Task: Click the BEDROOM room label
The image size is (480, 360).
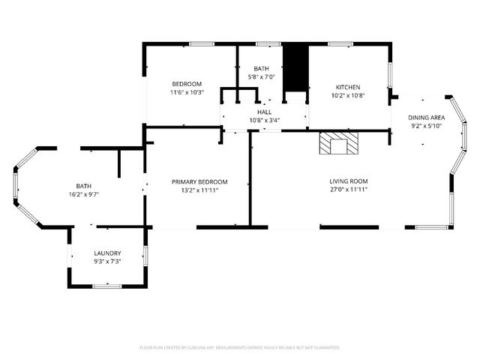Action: [x=187, y=83]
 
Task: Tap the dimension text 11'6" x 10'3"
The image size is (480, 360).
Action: [x=187, y=92]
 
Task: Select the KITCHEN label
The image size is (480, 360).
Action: [x=348, y=87]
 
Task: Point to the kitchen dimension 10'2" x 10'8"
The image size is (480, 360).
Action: [x=348, y=96]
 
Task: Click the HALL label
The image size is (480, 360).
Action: [x=264, y=111]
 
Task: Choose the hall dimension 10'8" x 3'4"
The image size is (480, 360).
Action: [x=264, y=120]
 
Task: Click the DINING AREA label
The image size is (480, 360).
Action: [x=426, y=118]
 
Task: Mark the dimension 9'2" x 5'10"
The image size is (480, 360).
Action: [x=426, y=127]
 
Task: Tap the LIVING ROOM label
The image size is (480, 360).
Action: [x=349, y=181]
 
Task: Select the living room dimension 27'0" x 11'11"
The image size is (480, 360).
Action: [x=349, y=190]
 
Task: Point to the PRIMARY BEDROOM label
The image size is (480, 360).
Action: [x=199, y=181]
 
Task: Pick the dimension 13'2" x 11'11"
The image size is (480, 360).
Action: [x=199, y=190]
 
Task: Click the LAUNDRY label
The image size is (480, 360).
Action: [x=107, y=253]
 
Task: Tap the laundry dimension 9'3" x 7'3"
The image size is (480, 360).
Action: [x=107, y=262]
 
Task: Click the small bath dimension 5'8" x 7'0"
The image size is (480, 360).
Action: [x=261, y=78]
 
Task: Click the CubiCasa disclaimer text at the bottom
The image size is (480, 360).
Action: [x=240, y=348]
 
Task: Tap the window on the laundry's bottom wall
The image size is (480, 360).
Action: [x=107, y=286]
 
